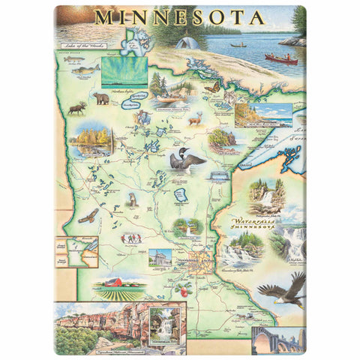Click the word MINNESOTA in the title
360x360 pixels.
coord(179,16)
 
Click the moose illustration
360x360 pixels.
coord(76,109)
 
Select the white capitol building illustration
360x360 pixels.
coord(160,257)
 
